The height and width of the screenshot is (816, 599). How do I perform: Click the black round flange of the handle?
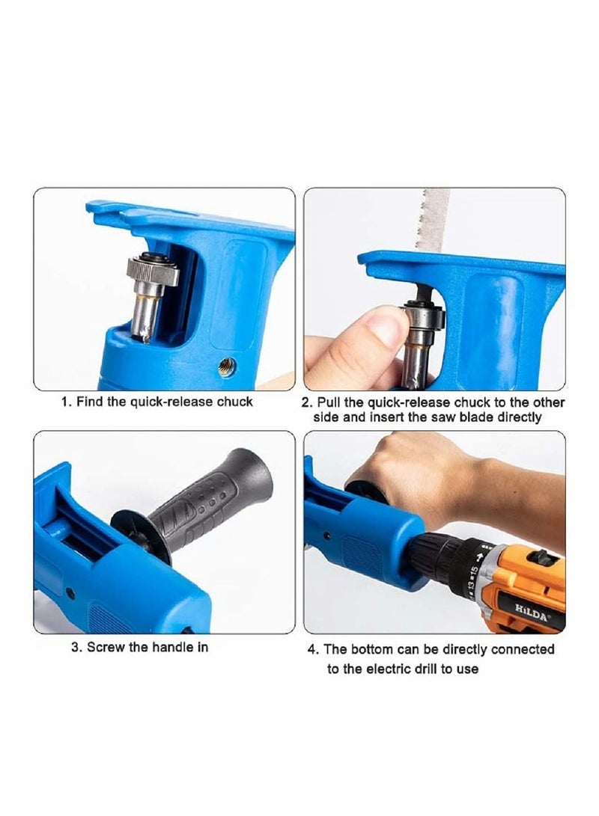click(138, 533)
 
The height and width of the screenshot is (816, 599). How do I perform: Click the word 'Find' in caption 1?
click(92, 402)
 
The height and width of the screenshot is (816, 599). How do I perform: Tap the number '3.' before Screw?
click(76, 647)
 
